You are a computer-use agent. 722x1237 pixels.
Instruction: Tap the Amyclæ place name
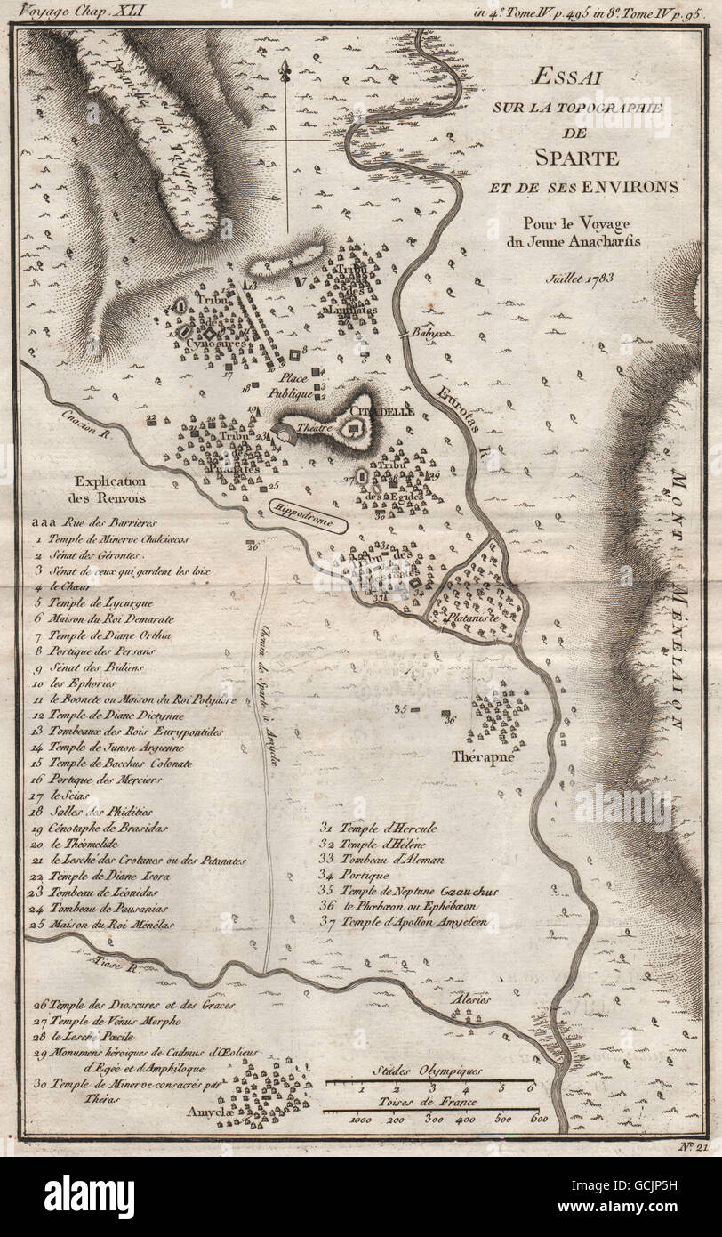pyautogui.click(x=209, y=1112)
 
